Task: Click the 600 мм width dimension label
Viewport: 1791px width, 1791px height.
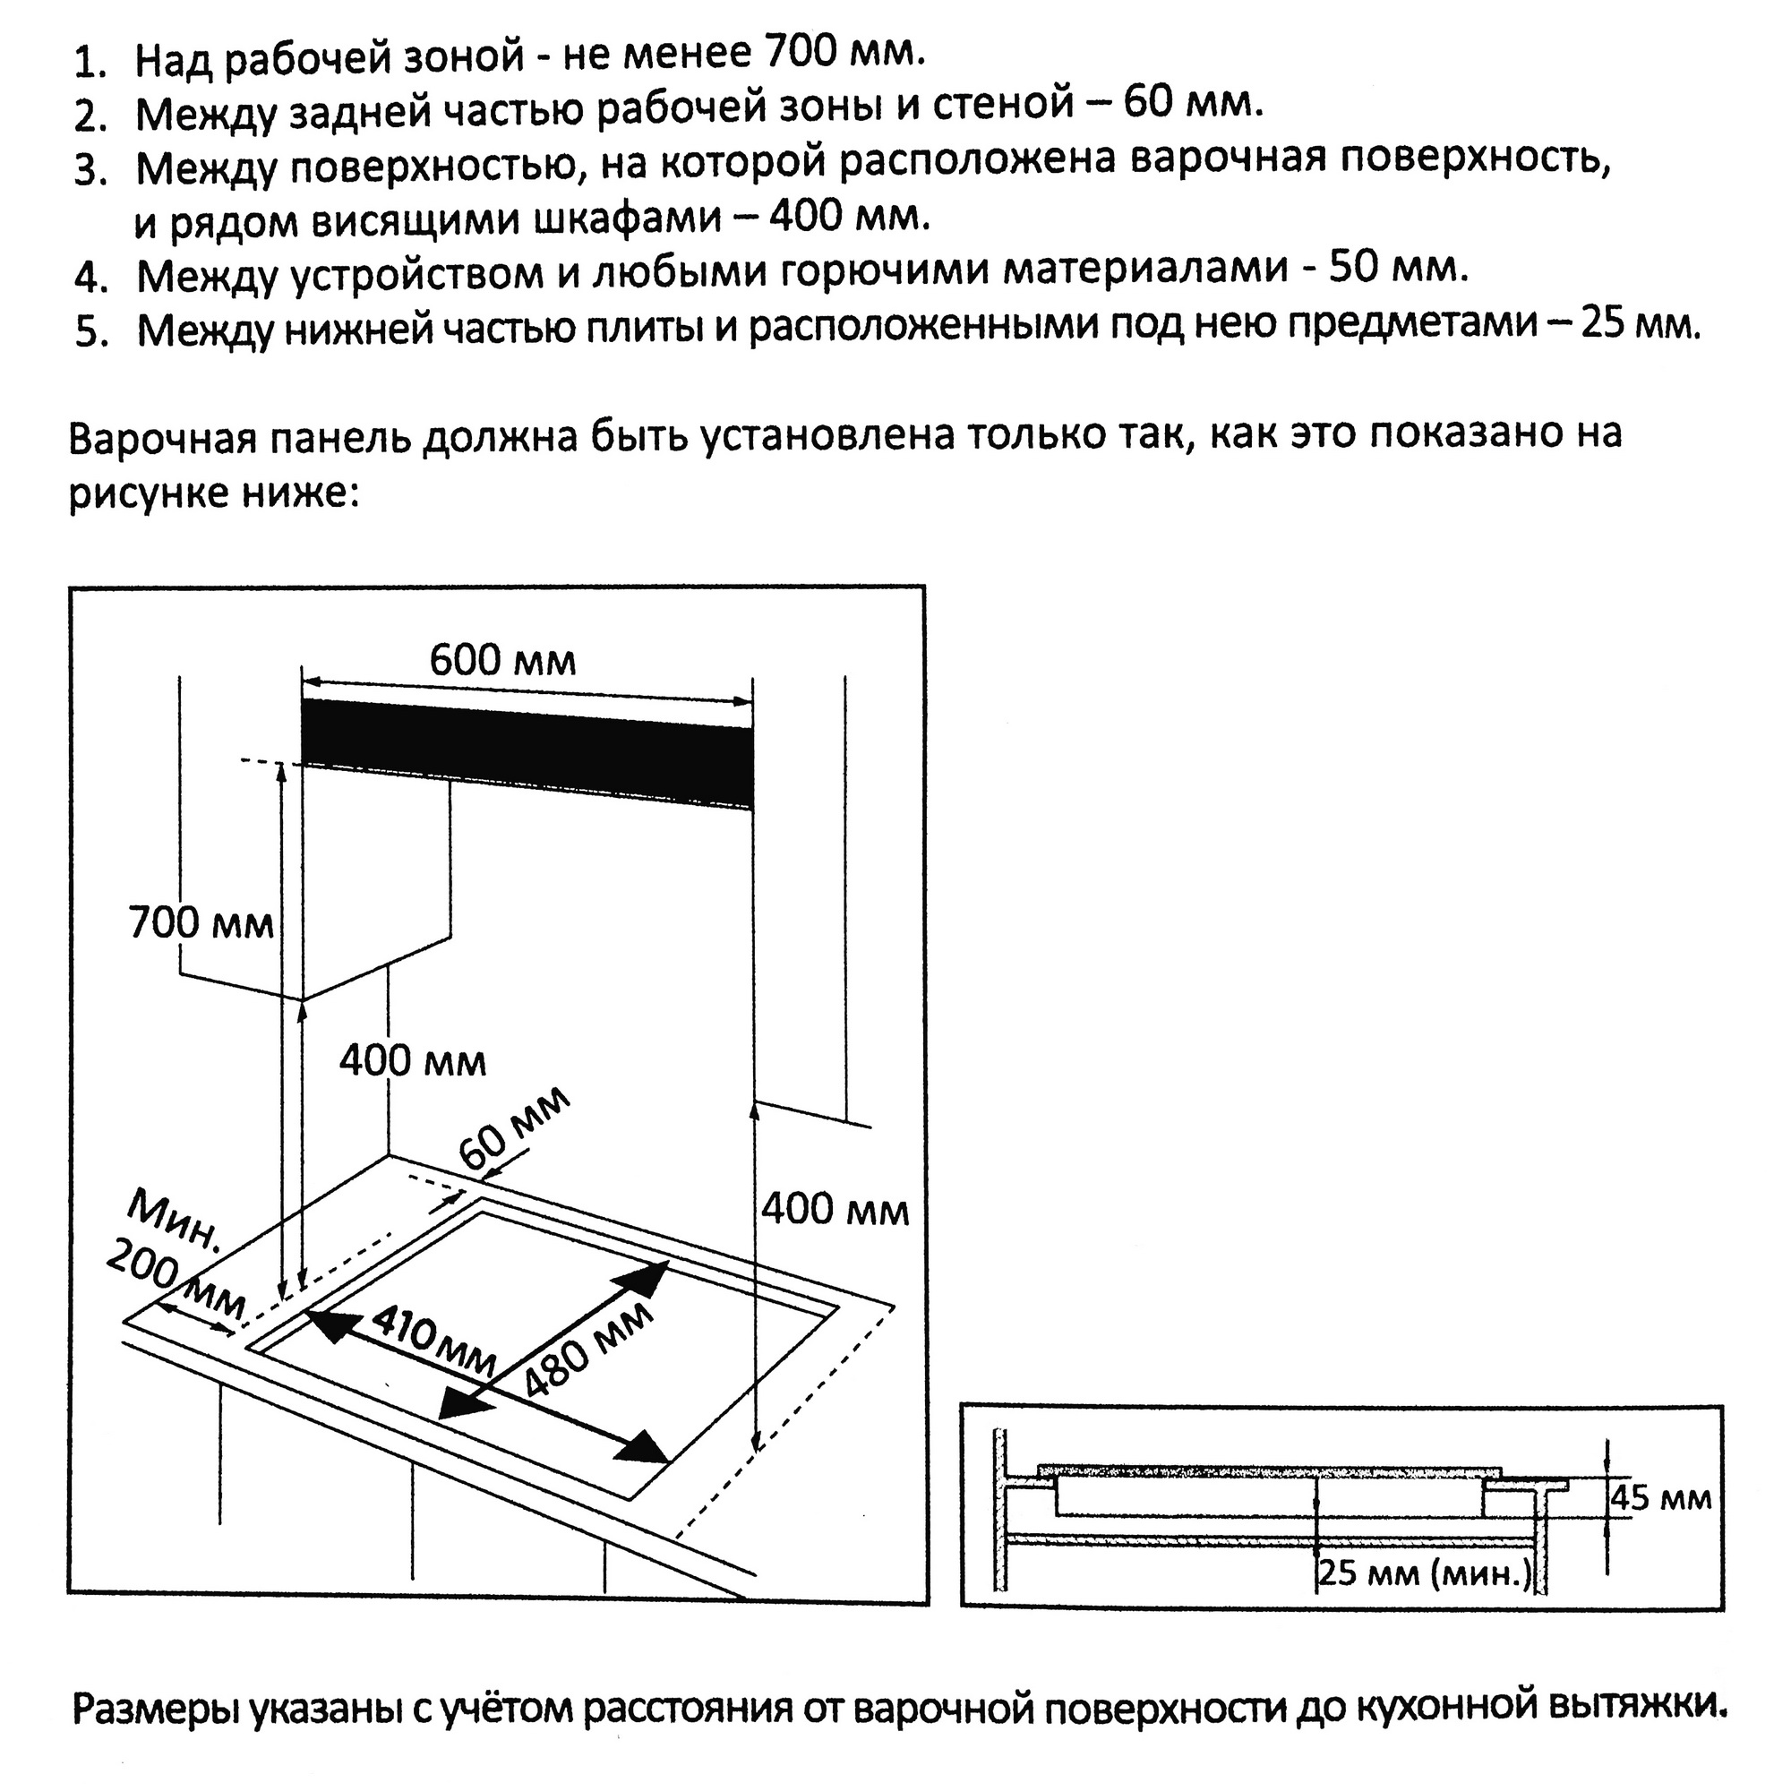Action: [502, 661]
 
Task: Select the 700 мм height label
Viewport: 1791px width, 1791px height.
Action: [201, 923]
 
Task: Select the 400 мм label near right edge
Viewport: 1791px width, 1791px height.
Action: [836, 1211]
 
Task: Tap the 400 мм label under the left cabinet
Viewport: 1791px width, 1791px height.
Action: [413, 1060]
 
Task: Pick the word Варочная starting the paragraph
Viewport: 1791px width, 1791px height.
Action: [161, 437]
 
